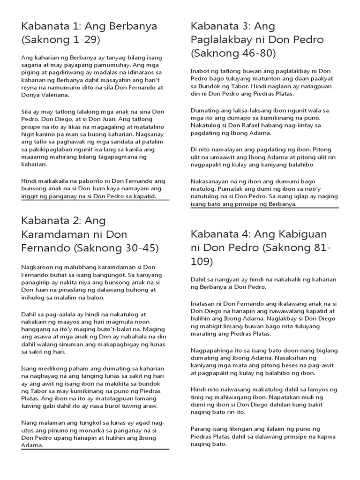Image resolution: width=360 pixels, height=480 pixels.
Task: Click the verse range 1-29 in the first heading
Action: [x=86, y=40]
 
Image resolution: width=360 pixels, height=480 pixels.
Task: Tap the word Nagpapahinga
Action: [x=213, y=351]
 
